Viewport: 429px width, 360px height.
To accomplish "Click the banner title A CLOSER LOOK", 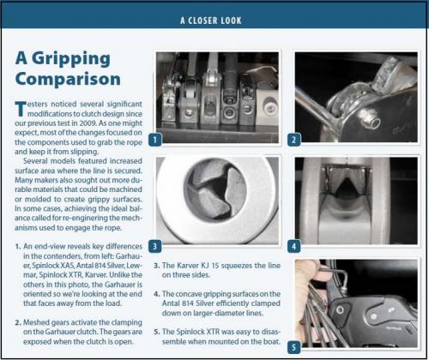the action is [211, 21].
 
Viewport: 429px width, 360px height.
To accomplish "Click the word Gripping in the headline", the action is [71, 59].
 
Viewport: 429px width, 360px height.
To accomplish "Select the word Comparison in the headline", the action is [68, 79].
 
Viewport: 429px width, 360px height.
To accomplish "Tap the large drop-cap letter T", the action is [21, 109].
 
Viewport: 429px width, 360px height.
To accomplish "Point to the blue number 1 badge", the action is [155, 140].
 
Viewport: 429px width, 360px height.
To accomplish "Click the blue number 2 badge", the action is [293, 140].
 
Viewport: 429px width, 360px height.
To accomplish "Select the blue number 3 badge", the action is [155, 246].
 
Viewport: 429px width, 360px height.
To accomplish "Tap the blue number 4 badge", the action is [293, 246].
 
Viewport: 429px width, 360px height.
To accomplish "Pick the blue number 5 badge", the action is [293, 347].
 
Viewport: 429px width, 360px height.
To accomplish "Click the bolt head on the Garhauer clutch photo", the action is [371, 121].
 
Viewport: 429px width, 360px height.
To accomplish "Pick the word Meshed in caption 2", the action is [33, 322].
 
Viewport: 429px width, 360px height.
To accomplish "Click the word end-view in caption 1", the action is [53, 246].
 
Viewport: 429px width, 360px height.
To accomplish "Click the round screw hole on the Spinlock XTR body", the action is [340, 310].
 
